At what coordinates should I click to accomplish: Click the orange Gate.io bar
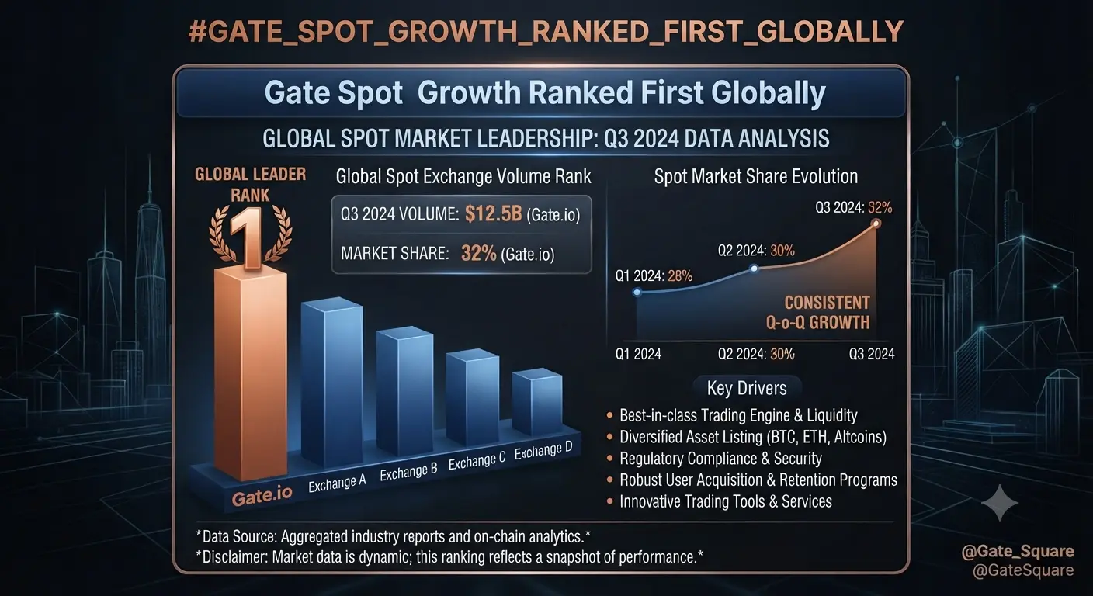click(x=250, y=373)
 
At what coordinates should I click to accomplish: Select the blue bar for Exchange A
click(x=331, y=382)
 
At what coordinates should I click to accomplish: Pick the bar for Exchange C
click(x=472, y=397)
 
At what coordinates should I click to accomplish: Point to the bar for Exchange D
click(x=537, y=401)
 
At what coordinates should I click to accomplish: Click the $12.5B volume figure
click(x=493, y=213)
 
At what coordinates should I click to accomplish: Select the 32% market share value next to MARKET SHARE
click(x=479, y=253)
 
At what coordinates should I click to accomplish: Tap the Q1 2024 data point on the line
click(x=637, y=292)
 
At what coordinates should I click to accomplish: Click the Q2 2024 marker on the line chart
click(x=754, y=269)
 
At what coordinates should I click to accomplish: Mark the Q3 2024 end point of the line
click(x=876, y=223)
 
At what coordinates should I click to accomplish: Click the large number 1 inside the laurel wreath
click(x=250, y=237)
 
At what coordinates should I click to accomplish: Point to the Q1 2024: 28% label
click(x=654, y=276)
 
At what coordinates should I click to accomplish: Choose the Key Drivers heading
click(x=747, y=388)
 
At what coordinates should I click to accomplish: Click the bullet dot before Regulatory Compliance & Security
click(x=609, y=459)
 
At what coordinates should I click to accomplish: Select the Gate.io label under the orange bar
click(x=262, y=496)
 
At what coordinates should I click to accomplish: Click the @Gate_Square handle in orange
click(x=1018, y=551)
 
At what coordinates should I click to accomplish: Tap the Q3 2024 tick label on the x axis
click(x=872, y=354)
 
